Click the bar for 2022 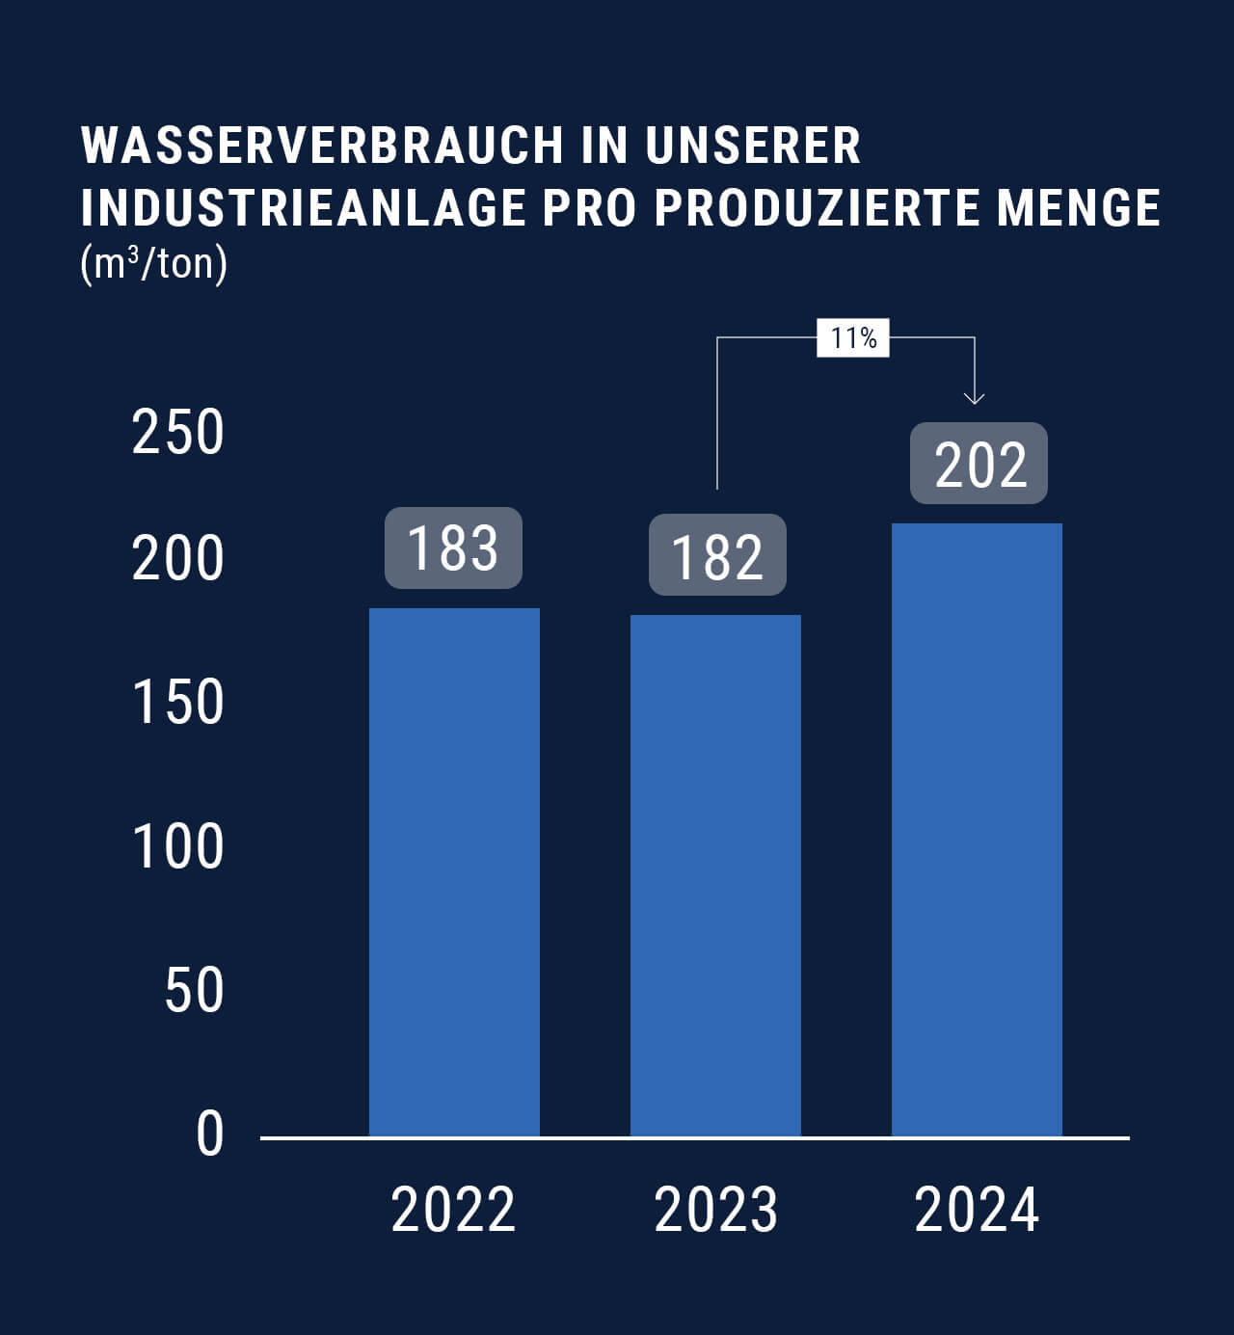coord(454,872)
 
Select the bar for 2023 coord(715,875)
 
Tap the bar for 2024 coord(977,830)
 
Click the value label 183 coord(453,548)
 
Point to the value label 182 coord(717,555)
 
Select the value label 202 coord(979,464)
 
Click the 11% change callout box coord(853,338)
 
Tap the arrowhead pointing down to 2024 coord(975,396)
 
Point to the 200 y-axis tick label coord(177,558)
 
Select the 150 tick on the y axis coord(177,702)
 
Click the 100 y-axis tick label coord(177,847)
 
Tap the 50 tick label coord(194,990)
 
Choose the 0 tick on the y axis coord(209,1135)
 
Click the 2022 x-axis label coord(453,1210)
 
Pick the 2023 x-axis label coord(715,1210)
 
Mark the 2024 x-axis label coord(977,1210)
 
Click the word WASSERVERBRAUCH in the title coord(322,146)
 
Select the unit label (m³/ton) coord(154,263)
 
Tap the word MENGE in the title coord(1079,207)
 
